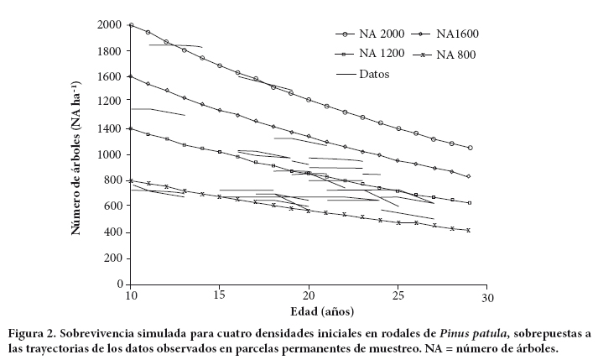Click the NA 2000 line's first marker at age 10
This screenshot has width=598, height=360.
click(131, 25)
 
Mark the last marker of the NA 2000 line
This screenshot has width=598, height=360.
click(470, 148)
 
